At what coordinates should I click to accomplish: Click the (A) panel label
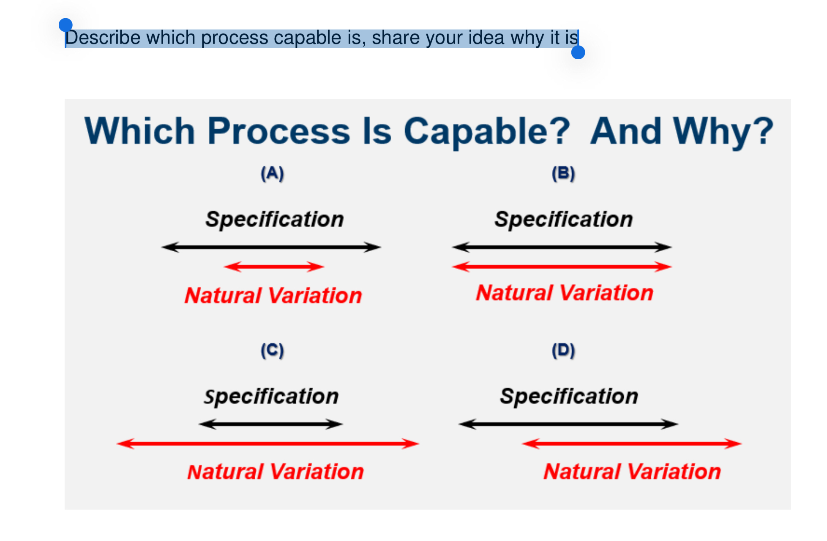coord(272,174)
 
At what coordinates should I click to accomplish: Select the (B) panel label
coord(563,174)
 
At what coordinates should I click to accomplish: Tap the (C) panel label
coord(272,351)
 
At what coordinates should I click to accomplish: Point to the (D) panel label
coord(563,351)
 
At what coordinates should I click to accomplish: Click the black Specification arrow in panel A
coord(271,247)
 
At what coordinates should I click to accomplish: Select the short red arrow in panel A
coord(274,266)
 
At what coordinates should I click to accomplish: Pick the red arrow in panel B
coord(562,266)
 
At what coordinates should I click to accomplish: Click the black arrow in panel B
coord(562,247)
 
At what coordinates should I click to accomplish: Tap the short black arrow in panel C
coord(270,424)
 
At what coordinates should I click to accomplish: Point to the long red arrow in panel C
coord(268,443)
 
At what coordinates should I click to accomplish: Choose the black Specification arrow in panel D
coord(569,424)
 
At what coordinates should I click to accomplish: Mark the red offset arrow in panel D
coord(632,443)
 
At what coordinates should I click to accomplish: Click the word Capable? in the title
coord(487,132)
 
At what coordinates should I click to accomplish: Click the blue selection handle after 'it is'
coord(578,52)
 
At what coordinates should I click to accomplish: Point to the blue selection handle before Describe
coord(66,25)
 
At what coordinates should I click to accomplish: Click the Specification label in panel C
coord(271,397)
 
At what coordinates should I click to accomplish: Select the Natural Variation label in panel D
coord(632,471)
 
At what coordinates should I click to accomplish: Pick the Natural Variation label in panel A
coord(273,295)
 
